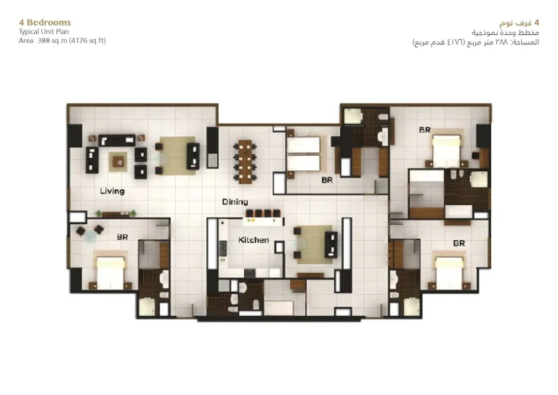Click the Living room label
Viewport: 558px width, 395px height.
pyautogui.click(x=112, y=191)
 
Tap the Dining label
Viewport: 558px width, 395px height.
pyautogui.click(x=235, y=202)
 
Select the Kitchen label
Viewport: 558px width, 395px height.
pyautogui.click(x=254, y=240)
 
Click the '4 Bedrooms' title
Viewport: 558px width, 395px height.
pyautogui.click(x=45, y=23)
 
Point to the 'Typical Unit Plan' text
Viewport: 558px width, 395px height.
pyautogui.click(x=44, y=32)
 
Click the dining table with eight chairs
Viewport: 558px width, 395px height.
pyautogui.click(x=245, y=161)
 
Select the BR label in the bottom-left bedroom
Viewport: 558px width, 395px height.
pyautogui.click(x=122, y=237)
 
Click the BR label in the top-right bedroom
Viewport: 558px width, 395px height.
pyautogui.click(x=424, y=130)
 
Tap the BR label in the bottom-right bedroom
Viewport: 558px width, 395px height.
pyautogui.click(x=458, y=243)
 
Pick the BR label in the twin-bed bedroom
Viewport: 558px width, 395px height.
pyautogui.click(x=327, y=180)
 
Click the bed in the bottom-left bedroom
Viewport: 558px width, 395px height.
pyautogui.click(x=110, y=272)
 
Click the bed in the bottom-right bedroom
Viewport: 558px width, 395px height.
pyautogui.click(x=450, y=271)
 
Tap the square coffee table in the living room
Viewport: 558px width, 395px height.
pyautogui.click(x=118, y=161)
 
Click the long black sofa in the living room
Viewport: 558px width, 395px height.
pyautogui.click(x=117, y=140)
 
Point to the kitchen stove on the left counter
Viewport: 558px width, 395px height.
pyautogui.click(x=223, y=248)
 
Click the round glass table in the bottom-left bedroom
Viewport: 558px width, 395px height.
pyautogui.click(x=89, y=236)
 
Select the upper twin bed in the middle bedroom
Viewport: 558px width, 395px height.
pyautogui.click(x=304, y=145)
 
